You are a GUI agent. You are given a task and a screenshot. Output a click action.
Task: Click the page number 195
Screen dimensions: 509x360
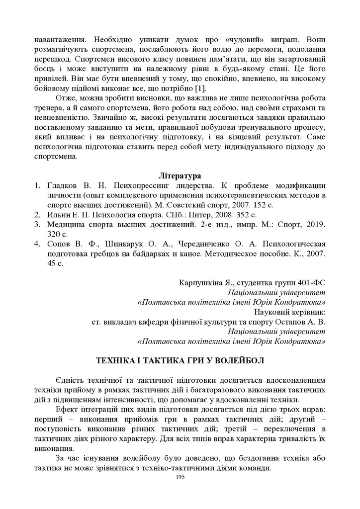pyautogui.click(x=180, y=477)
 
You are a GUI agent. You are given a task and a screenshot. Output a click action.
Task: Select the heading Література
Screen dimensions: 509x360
pyautogui.click(x=180, y=176)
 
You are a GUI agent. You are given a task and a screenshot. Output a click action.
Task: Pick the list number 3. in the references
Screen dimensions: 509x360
pyautogui.click(x=37, y=225)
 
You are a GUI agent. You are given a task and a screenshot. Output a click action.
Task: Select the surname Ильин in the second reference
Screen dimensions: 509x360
pyautogui.click(x=59, y=215)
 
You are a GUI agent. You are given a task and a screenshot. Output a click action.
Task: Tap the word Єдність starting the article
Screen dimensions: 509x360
pyautogui.click(x=71, y=379)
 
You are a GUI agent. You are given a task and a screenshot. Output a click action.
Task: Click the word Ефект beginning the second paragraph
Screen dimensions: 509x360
pyautogui.click(x=68, y=409)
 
